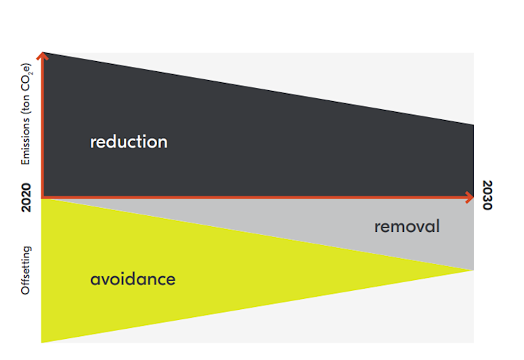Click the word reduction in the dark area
tap(129, 142)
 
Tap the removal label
tap(407, 226)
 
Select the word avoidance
tap(132, 279)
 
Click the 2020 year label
tap(25, 197)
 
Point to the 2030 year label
tap(487, 195)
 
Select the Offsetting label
tap(25, 271)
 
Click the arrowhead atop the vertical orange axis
tap(42, 55)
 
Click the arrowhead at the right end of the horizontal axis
tap(469, 197)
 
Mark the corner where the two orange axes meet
tap(42, 197)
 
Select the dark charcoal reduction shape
tap(234, 140)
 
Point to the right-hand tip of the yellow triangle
tap(474, 270)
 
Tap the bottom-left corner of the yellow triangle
tap(41, 343)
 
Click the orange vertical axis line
tap(42, 125)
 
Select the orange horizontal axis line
tap(258, 197)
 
